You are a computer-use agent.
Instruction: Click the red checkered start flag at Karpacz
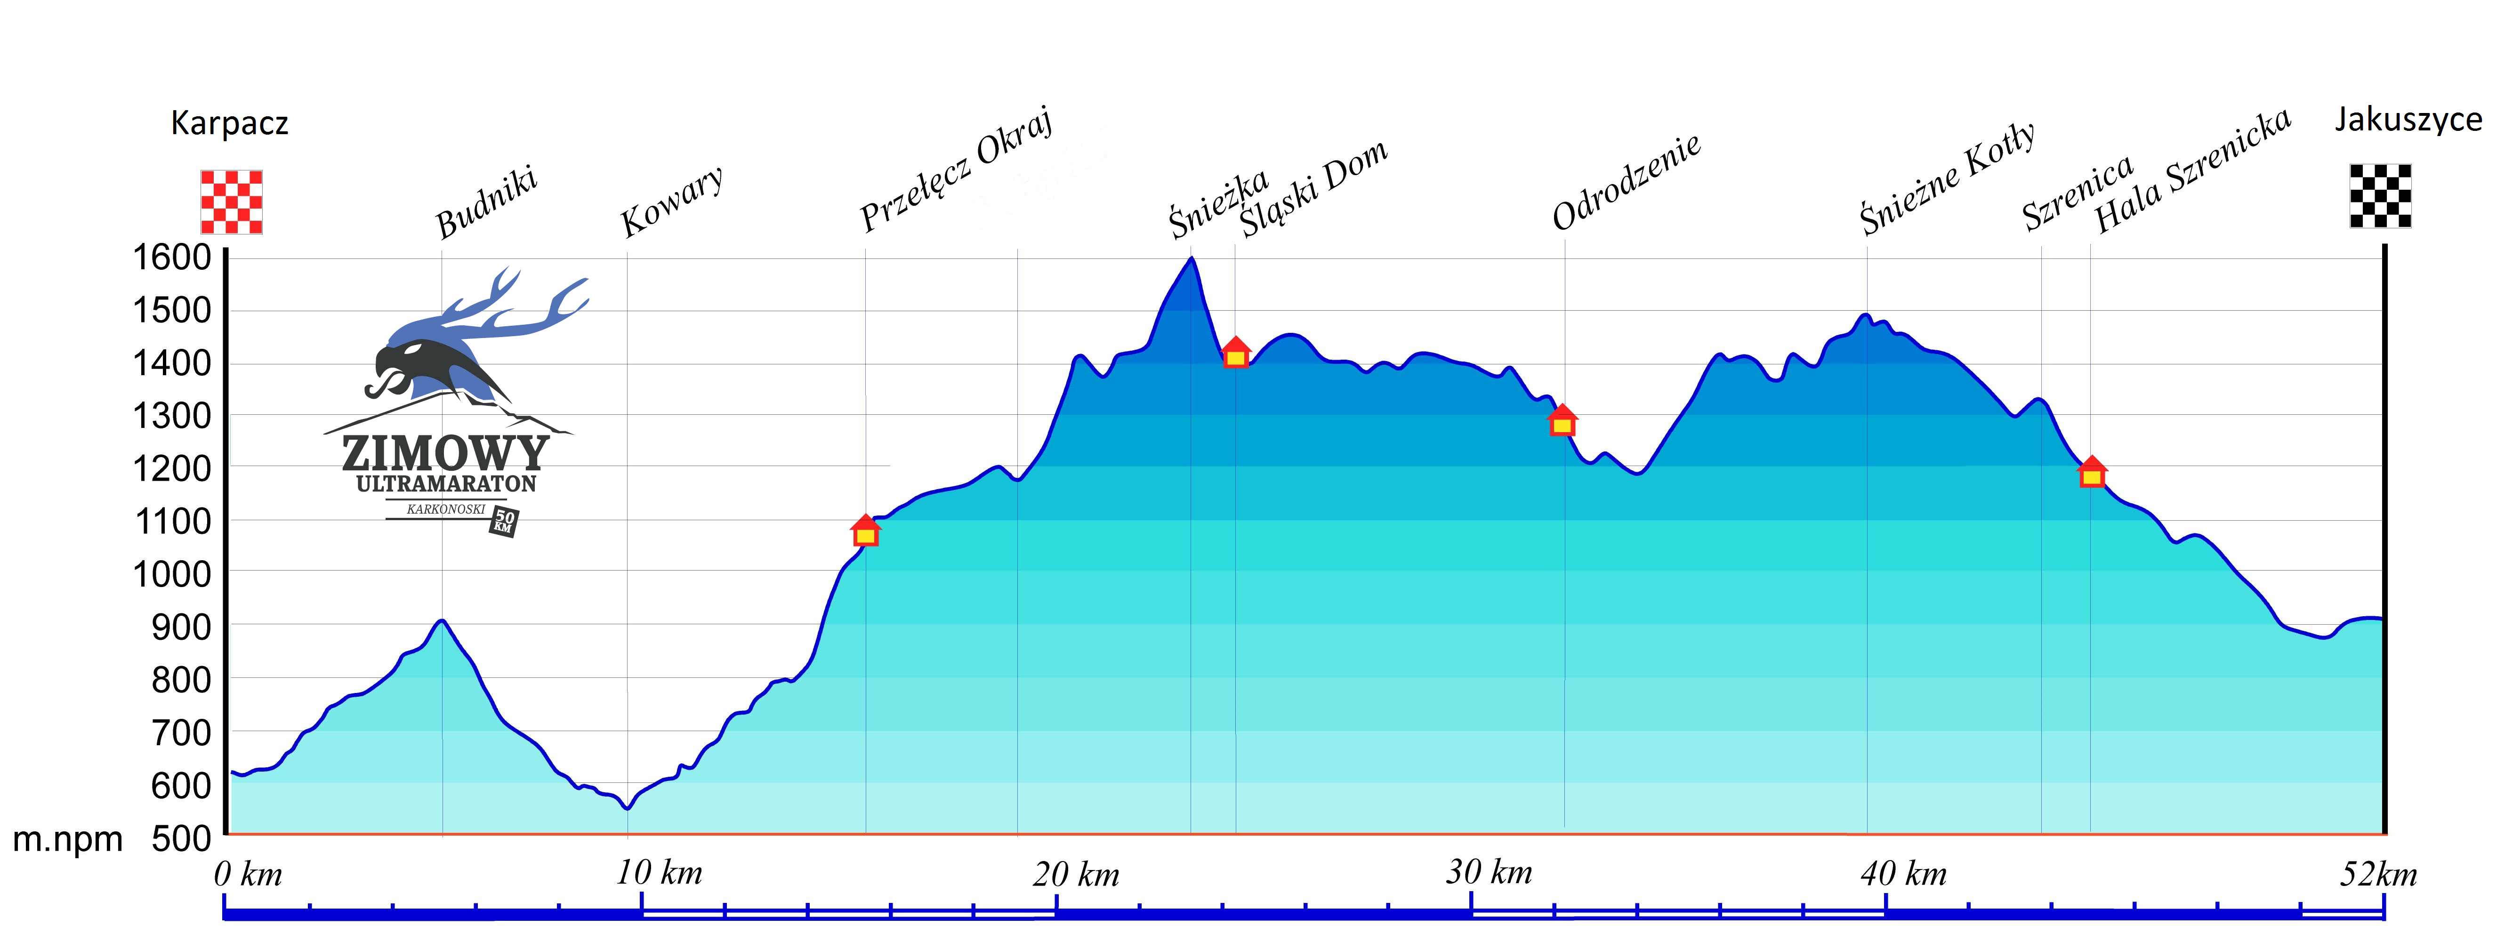click(232, 201)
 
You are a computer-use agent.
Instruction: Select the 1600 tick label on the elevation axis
click(172, 258)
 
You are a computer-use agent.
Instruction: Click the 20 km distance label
click(1076, 873)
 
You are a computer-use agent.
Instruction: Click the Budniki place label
click(486, 203)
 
